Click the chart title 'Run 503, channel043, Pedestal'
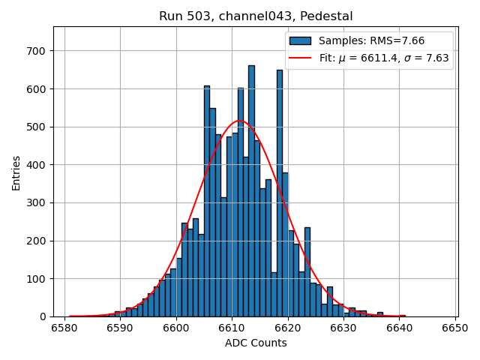256,16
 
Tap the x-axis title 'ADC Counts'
256,343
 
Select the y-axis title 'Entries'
16,172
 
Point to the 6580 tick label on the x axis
64,328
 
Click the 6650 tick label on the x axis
455,328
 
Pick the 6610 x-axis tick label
232,328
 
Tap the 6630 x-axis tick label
343,328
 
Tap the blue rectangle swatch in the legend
300,40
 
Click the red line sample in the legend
300,57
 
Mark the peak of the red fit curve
239,120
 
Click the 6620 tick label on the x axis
287,328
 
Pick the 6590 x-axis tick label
120,328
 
